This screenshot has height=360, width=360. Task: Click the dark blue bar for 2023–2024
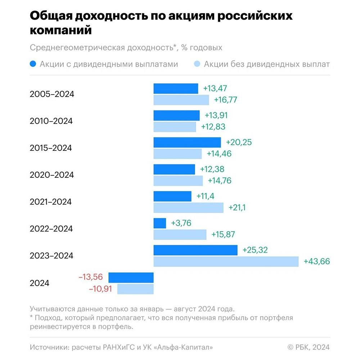pos(195,250)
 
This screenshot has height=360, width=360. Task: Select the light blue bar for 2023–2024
pos(226,261)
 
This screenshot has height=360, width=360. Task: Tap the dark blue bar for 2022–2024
pos(160,223)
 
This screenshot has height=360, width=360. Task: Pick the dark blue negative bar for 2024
pos(131,278)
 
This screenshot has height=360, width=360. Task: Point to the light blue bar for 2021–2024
pos(188,208)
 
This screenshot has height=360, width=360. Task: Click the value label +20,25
pos(239,142)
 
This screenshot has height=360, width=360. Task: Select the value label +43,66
pos(317,262)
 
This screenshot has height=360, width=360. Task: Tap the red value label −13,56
pos(90,277)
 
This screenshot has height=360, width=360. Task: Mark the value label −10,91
pos(101,289)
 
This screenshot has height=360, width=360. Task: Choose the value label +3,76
pos(181,223)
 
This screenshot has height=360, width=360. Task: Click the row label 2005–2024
pos(52,94)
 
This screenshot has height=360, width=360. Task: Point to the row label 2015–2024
pos(51,148)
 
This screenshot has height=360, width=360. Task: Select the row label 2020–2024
pos(52,175)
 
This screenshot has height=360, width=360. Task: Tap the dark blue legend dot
pos(33,64)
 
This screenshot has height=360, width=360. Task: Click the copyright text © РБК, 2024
pos(309,347)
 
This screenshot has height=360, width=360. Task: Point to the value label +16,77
pos(226,100)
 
